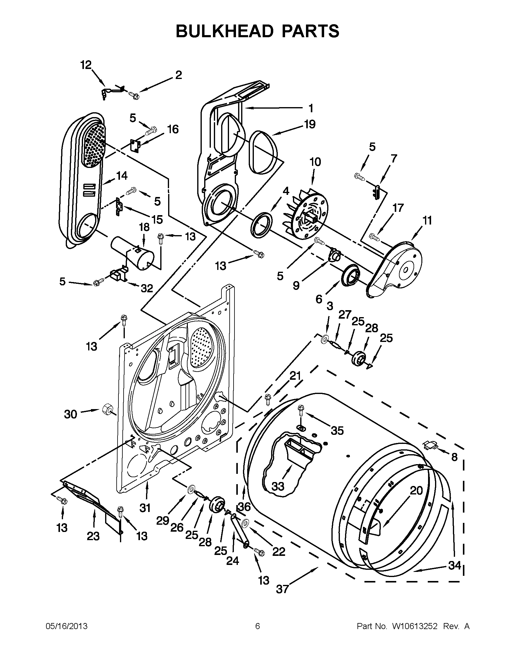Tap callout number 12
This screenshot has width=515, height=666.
pos(86,65)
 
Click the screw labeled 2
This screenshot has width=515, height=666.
pos(134,95)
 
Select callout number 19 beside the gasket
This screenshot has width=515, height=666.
pos(310,124)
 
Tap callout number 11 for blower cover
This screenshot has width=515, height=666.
pos(427,221)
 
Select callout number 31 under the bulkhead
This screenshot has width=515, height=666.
pos(145,508)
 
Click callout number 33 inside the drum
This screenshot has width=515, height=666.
pos(277,486)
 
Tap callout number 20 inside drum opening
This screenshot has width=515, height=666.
pos(416,490)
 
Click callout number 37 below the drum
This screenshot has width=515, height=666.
pos(282,589)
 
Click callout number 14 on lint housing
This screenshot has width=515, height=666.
pos(121,176)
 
